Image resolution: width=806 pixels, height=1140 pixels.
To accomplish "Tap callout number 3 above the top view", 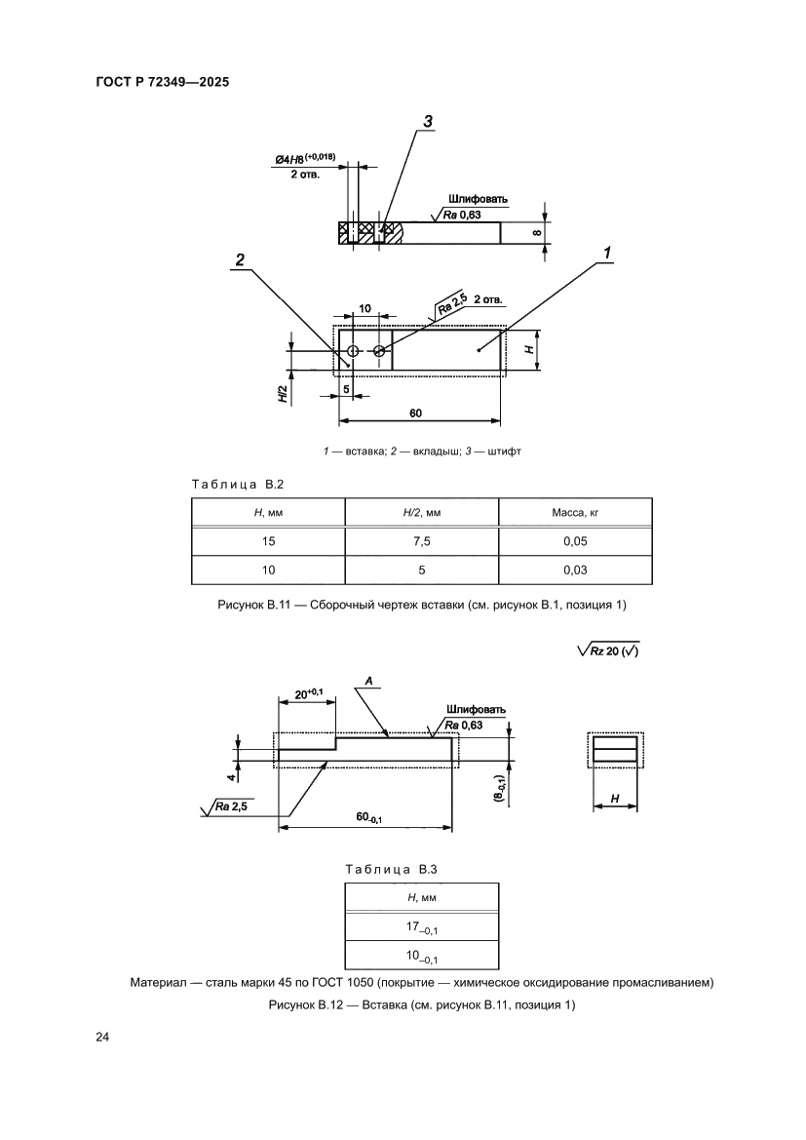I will (x=427, y=122).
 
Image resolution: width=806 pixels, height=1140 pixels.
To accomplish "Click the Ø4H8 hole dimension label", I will (x=303, y=158).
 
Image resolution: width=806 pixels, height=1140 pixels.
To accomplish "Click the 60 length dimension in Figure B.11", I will (x=415, y=413).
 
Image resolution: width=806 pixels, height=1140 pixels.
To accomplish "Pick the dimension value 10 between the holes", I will (x=365, y=308).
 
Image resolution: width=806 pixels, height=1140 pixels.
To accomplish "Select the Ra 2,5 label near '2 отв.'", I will (x=451, y=303).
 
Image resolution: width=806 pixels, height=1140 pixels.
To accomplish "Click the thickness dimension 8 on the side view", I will (x=535, y=232).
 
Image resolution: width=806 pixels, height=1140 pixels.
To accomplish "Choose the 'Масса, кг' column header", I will (x=575, y=512).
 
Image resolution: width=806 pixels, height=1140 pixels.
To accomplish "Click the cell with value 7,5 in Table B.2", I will (x=421, y=541).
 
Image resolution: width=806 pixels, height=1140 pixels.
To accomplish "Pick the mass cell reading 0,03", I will (x=575, y=570).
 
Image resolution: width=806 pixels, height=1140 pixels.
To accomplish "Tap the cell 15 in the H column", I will (x=268, y=541).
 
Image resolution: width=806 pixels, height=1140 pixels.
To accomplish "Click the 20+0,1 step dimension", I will (x=307, y=695).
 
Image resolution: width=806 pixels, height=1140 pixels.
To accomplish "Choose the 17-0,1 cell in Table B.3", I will (x=421, y=924).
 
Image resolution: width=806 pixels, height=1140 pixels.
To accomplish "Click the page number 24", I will (x=102, y=1037).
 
